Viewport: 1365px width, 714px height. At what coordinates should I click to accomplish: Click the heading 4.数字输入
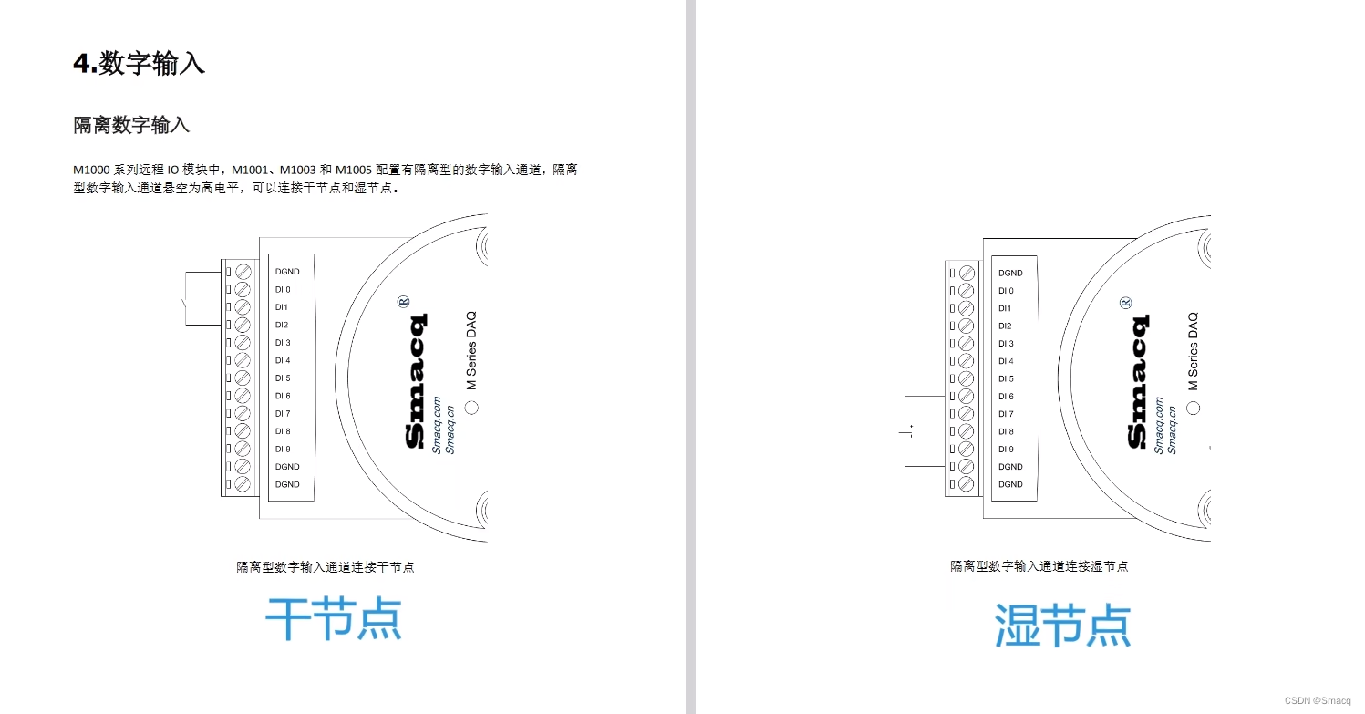[x=140, y=64]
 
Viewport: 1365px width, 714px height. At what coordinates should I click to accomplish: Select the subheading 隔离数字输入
[x=131, y=126]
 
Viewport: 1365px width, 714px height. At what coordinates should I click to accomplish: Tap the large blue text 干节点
[x=334, y=620]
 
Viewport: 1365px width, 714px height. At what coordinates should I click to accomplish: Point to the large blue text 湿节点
[x=1062, y=625]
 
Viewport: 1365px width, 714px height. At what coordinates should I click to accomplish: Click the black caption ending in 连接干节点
[x=326, y=567]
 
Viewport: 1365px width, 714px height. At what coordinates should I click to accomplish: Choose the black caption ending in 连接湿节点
[x=1039, y=566]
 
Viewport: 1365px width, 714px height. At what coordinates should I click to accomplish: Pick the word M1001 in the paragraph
[x=250, y=171]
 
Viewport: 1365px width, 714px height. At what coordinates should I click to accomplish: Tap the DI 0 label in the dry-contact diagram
[x=283, y=289]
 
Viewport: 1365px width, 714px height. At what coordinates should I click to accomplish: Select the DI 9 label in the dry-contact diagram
[x=283, y=449]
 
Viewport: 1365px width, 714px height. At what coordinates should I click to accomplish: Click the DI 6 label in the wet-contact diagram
[x=1006, y=397]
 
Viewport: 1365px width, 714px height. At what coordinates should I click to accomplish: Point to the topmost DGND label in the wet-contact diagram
[x=1010, y=273]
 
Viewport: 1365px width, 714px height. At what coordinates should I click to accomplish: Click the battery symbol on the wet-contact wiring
[x=905, y=431]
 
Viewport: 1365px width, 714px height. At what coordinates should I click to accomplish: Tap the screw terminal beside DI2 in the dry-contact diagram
[x=243, y=325]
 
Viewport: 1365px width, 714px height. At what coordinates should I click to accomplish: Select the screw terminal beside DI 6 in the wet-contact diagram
[x=967, y=397]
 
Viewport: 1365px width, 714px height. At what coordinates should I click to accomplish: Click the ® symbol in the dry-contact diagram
[x=404, y=301]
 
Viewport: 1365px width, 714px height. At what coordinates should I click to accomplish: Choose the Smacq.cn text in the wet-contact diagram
[x=1173, y=428]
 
